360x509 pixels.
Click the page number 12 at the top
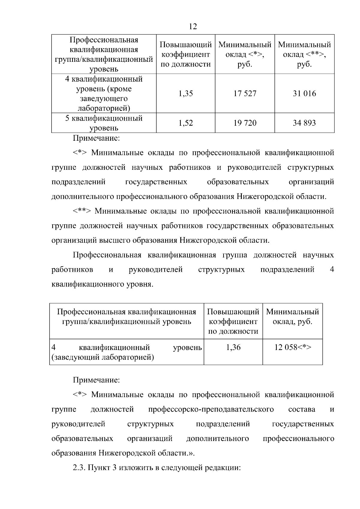click(x=193, y=26)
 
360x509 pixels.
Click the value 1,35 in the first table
click(x=186, y=94)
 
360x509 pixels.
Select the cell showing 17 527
click(x=245, y=94)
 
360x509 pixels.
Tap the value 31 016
click(x=304, y=94)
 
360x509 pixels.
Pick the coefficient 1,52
click(x=186, y=123)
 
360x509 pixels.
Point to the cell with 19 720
click(x=245, y=123)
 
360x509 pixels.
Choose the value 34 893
click(x=304, y=123)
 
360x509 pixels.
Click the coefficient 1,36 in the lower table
click(x=233, y=347)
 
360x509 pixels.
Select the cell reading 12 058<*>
click(x=293, y=347)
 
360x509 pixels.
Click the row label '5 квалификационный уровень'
click(x=104, y=123)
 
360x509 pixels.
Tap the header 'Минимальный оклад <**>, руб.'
click(x=304, y=54)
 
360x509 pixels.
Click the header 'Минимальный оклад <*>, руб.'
click(x=245, y=54)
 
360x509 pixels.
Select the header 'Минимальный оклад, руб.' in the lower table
click(x=292, y=317)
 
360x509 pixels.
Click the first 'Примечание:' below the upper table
click(x=96, y=138)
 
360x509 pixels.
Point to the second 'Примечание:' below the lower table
click(x=96, y=380)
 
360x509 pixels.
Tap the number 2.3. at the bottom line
click(x=79, y=468)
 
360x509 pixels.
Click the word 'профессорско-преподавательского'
click(x=211, y=409)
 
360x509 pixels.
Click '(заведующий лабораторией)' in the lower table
click(x=103, y=357)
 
